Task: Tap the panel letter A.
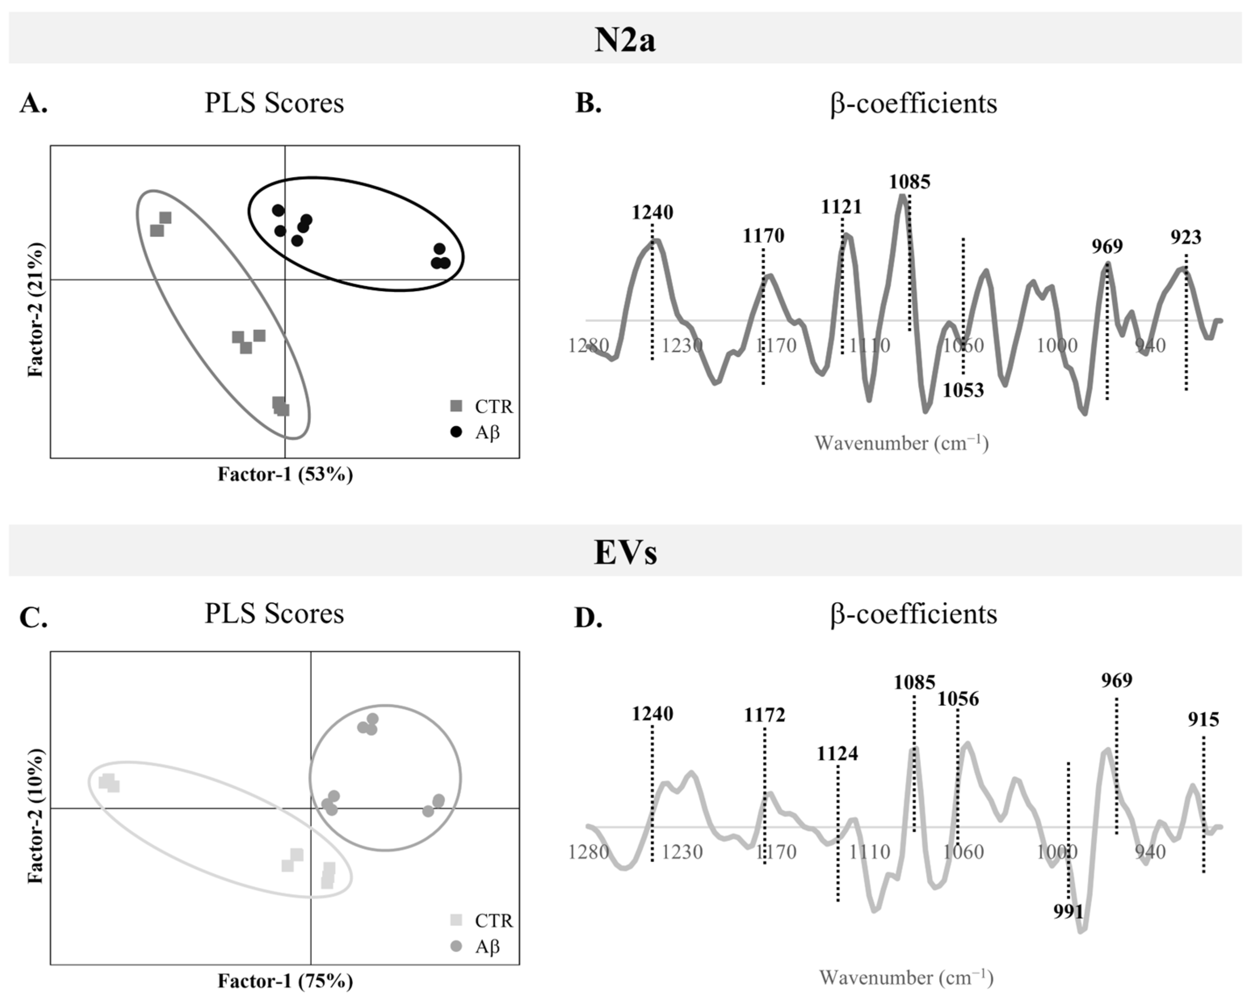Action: click(33, 104)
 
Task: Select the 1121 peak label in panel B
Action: click(841, 207)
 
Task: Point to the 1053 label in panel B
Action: click(963, 390)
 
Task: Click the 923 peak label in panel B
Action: click(1186, 237)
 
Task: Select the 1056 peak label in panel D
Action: click(958, 699)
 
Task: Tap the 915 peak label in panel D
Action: click(1203, 719)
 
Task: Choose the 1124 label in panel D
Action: click(837, 754)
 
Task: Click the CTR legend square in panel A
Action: click(457, 406)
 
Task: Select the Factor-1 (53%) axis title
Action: click(285, 475)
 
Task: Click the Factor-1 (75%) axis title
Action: click(285, 981)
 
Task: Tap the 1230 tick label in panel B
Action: click(683, 346)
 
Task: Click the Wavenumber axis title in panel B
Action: click(901, 443)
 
